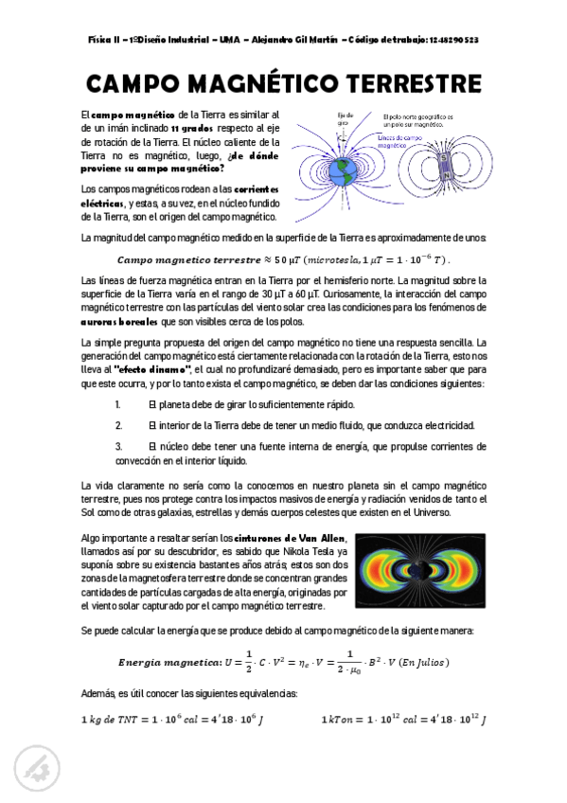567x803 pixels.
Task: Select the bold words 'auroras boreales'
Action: (117, 323)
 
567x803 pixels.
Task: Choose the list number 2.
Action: (118, 425)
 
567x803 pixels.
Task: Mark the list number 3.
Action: (118, 444)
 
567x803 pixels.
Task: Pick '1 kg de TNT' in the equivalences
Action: (111, 721)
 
